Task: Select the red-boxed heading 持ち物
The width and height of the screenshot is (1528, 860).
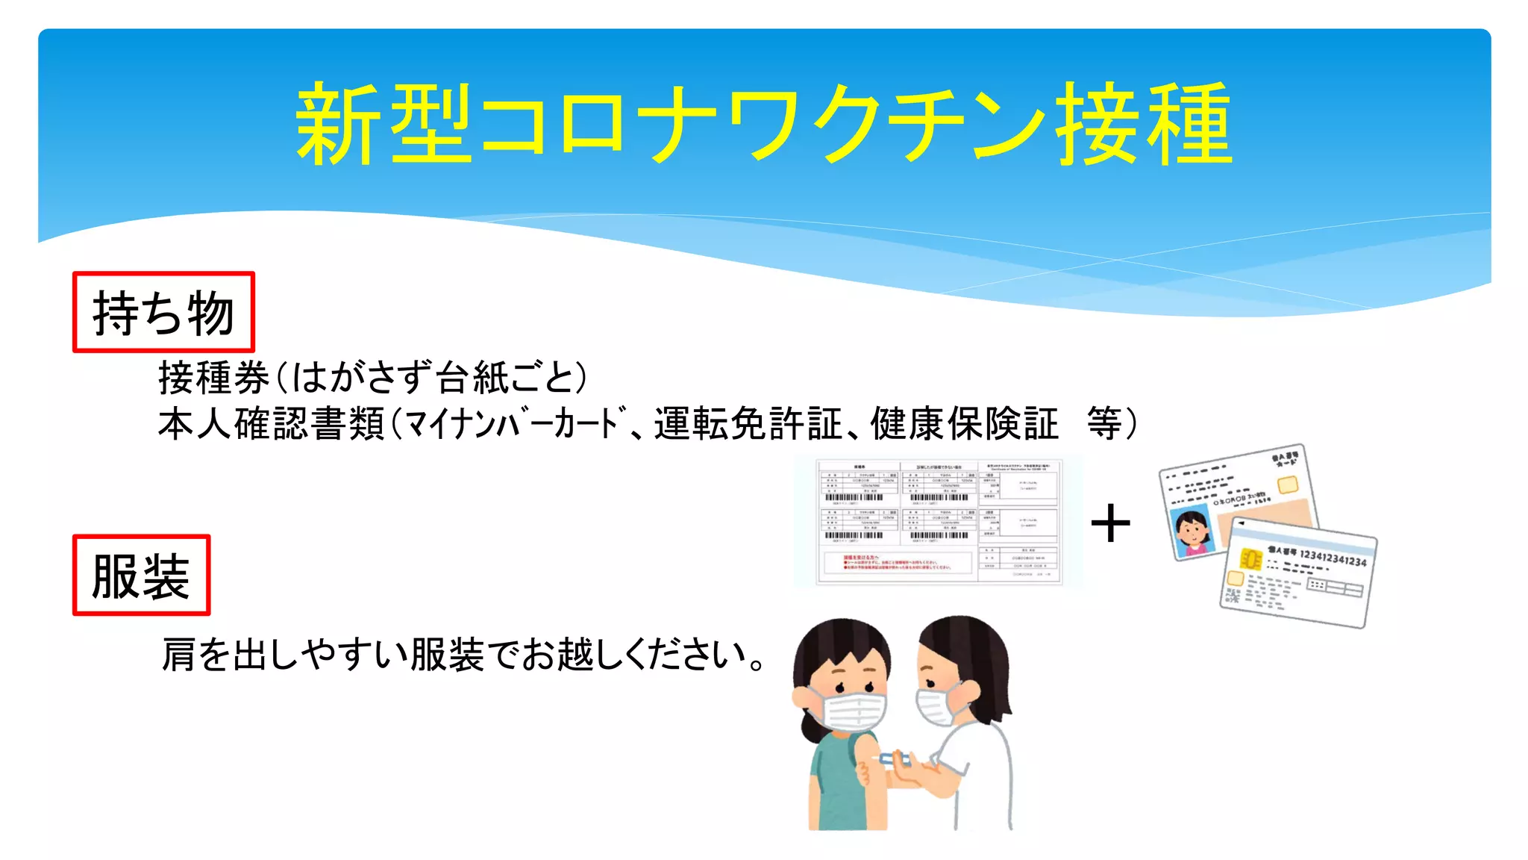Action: pos(163,312)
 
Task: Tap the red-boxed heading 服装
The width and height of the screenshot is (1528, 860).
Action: pos(141,576)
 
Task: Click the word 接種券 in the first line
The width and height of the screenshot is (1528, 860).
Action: pos(214,378)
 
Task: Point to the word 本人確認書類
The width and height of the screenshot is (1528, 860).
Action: pos(272,424)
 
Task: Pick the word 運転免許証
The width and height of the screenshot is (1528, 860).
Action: pos(748,424)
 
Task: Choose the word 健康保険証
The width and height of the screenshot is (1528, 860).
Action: pos(964,424)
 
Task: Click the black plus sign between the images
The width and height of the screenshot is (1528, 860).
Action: pos(1110,523)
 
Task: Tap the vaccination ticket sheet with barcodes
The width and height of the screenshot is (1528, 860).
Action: pos(939,522)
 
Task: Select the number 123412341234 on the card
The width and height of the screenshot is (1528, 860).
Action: pos(1333,557)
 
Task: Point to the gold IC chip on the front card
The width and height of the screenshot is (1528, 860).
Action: pos(1250,558)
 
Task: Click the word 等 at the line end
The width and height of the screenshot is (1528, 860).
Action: pos(1104,424)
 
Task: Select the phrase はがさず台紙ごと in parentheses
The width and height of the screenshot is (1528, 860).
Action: pos(439,378)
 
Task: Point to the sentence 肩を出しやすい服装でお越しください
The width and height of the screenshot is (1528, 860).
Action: pos(463,655)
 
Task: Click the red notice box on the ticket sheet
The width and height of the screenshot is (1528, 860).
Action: pos(898,563)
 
